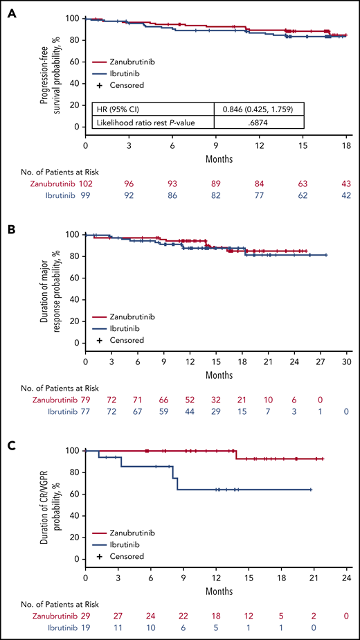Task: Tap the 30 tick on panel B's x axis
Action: (x=345, y=364)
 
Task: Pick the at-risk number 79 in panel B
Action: (x=85, y=400)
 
